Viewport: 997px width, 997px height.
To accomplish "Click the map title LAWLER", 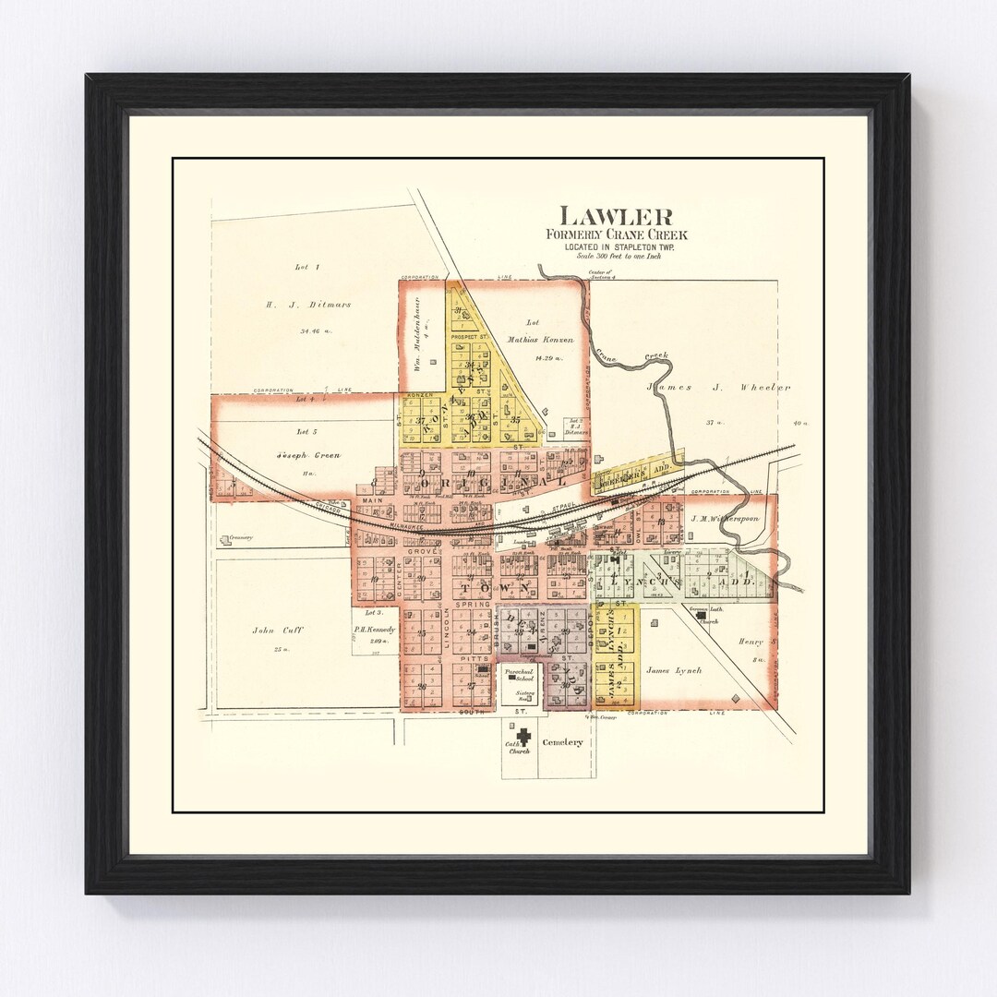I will coord(616,217).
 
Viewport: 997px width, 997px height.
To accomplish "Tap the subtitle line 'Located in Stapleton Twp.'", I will coord(615,246).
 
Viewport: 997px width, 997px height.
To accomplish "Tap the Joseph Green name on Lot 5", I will coord(307,456).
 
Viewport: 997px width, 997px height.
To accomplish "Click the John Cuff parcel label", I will coord(278,631).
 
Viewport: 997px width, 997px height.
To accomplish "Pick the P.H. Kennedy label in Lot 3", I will coord(374,630).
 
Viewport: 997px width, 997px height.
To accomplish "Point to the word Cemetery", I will coord(563,742).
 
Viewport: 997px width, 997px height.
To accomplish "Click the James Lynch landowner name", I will coord(674,670).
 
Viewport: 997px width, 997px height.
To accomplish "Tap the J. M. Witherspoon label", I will coord(724,519).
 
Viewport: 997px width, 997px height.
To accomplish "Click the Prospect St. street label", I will coord(468,337).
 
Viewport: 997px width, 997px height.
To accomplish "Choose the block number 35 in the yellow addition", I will coord(515,420).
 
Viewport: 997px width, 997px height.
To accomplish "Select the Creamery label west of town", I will coord(242,537).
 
